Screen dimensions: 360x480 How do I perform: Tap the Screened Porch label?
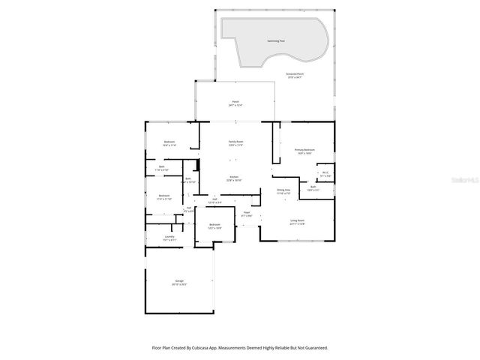tap(295, 73)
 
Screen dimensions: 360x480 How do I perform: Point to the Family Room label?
tap(235, 141)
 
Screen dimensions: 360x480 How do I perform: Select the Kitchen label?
tap(235, 177)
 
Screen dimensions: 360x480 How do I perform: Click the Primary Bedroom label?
tap(304, 150)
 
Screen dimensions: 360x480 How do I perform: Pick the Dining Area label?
tap(283, 190)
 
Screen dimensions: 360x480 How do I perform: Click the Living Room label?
tap(298, 220)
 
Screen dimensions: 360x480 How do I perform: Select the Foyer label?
tap(246, 212)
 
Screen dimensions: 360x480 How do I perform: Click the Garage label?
tap(179, 281)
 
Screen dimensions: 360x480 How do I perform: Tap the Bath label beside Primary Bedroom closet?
tap(313, 187)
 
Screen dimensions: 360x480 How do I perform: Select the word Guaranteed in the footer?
tap(315, 347)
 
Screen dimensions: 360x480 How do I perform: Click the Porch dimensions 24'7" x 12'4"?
tap(235, 106)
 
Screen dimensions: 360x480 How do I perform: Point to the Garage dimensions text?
tap(179, 285)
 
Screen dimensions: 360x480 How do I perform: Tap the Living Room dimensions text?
tap(298, 224)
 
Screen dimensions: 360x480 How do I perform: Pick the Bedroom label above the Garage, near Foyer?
tap(214, 224)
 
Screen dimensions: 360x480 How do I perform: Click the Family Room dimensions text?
tap(235, 145)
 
